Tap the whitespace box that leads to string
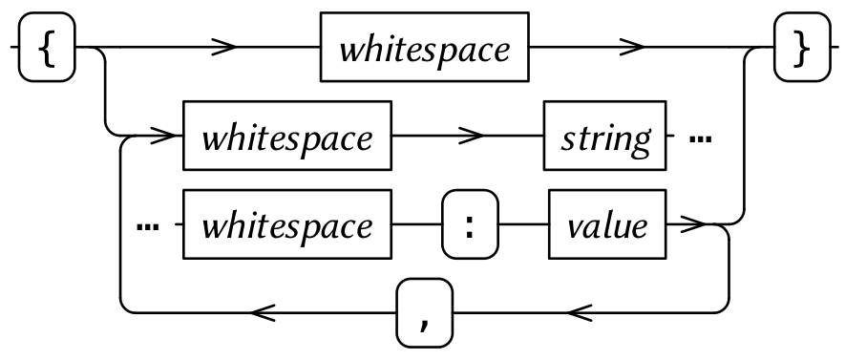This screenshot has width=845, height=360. [x=287, y=138]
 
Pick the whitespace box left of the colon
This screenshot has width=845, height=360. [x=287, y=225]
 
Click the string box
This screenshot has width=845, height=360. [x=604, y=138]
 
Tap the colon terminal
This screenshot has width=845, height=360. [x=470, y=225]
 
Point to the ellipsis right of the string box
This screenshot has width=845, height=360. [x=701, y=138]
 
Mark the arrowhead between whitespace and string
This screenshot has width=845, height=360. [x=469, y=138]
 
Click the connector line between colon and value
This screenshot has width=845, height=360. [x=523, y=225]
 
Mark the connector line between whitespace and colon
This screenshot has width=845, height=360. [x=418, y=225]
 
